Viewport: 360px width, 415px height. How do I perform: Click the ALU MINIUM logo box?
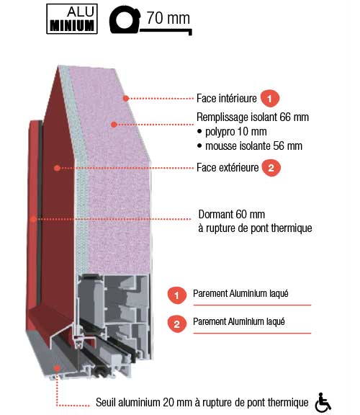[x=72, y=19]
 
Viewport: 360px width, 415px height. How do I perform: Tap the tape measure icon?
[x=125, y=20]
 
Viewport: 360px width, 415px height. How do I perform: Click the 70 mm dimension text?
[x=168, y=18]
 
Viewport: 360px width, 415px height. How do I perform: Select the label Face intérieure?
[x=226, y=99]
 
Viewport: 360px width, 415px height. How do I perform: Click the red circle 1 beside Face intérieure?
[x=270, y=99]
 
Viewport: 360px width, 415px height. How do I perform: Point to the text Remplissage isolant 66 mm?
[x=253, y=117]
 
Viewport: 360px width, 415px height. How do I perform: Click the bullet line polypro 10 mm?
[x=232, y=132]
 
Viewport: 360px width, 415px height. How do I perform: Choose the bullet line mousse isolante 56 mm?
[x=250, y=146]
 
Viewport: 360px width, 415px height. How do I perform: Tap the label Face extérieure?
[x=228, y=168]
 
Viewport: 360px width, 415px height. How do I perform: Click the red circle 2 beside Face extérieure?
[x=271, y=168]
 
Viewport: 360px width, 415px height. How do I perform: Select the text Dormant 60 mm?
[x=231, y=214]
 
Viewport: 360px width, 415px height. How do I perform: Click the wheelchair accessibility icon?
[x=323, y=402]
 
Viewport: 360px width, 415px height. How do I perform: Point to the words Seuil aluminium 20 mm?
[x=144, y=402]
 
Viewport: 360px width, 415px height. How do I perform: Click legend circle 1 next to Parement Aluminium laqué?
[x=177, y=295]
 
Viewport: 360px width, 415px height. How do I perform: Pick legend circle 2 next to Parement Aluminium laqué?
[x=177, y=323]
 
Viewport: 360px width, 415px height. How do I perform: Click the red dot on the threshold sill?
[x=57, y=368]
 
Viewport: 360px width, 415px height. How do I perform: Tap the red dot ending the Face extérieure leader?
[x=57, y=168]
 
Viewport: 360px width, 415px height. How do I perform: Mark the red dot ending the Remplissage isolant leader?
[x=114, y=125]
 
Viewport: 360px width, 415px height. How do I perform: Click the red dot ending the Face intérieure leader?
[x=126, y=99]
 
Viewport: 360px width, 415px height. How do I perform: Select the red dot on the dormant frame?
[x=34, y=219]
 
